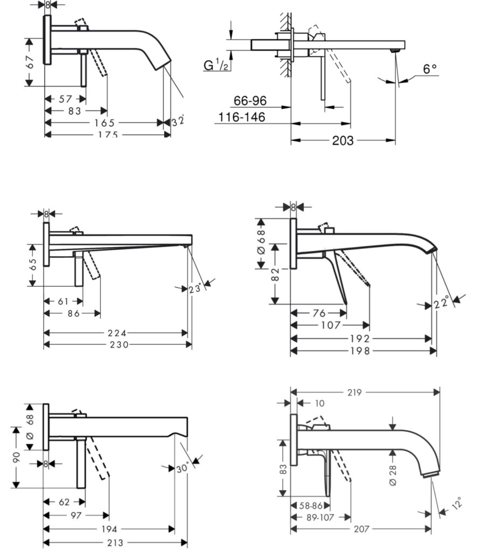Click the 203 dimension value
[x=343, y=141]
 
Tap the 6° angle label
[x=429, y=69]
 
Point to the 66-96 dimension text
[x=250, y=101]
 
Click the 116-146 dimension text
[x=242, y=116]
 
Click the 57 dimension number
[x=65, y=99]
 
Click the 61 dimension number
[x=63, y=301]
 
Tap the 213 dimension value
[x=115, y=542]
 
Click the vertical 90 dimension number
[x=17, y=457]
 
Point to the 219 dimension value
[x=354, y=392]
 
